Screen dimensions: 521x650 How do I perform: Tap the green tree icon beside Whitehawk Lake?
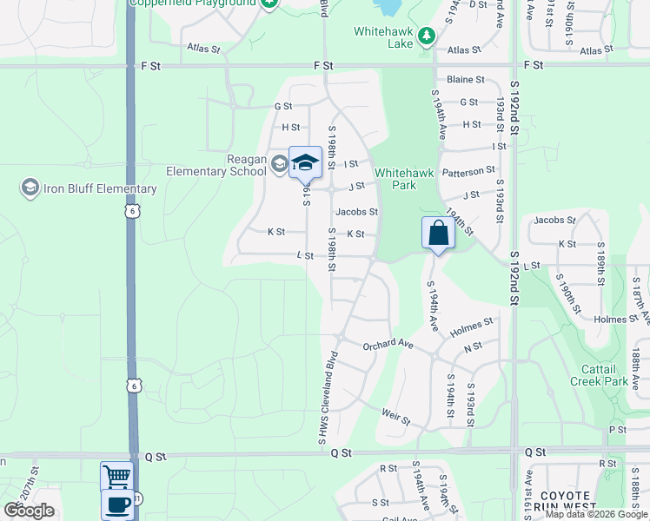(x=426, y=36)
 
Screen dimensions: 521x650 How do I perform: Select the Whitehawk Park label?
(x=404, y=179)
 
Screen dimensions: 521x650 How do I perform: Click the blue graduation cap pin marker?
(x=305, y=162)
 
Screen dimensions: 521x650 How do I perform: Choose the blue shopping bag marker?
(x=438, y=233)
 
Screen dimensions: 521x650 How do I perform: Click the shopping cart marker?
(x=116, y=476)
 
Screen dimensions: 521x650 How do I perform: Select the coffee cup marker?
(x=116, y=504)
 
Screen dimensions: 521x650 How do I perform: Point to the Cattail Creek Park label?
(x=599, y=375)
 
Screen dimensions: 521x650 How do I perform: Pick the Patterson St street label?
(x=468, y=171)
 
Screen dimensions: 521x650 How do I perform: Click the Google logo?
(x=29, y=511)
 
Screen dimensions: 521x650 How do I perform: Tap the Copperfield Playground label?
(x=193, y=3)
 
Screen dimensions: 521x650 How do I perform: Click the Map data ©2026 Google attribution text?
(x=597, y=514)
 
